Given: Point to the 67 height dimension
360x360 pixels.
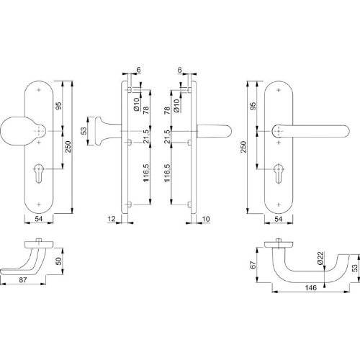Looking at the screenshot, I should click(x=253, y=264).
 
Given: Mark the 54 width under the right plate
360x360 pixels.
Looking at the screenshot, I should click(x=279, y=218).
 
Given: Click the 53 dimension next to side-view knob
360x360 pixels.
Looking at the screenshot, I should click(x=84, y=130).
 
